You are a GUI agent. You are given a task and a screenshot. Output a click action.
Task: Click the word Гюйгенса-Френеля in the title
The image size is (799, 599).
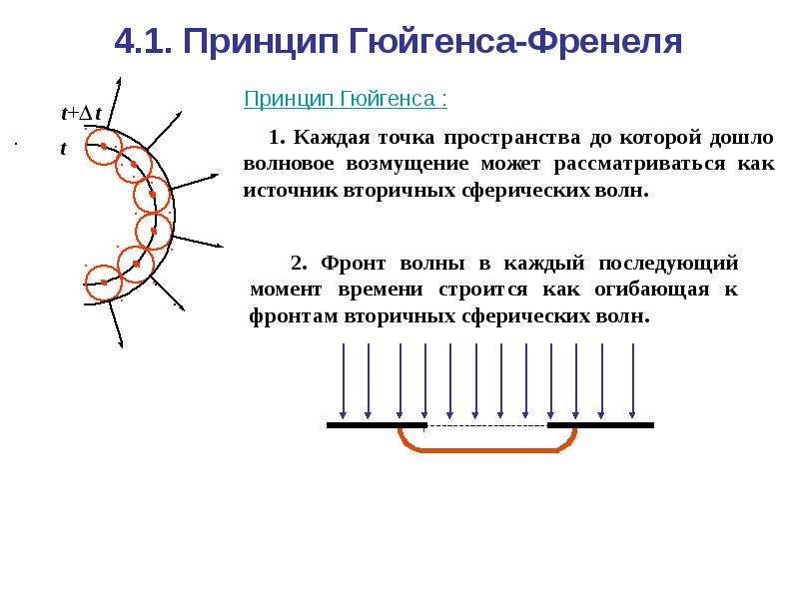click(x=514, y=41)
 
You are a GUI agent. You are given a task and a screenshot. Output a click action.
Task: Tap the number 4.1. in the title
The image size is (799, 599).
click(x=143, y=41)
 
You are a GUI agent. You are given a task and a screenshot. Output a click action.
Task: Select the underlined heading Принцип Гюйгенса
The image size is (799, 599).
click(x=346, y=99)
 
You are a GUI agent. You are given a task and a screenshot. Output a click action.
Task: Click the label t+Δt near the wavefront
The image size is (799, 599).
click(x=81, y=113)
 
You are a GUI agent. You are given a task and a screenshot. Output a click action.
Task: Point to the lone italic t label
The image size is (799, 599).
click(x=63, y=148)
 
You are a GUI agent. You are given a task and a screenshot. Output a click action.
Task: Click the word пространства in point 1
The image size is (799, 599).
click(x=511, y=138)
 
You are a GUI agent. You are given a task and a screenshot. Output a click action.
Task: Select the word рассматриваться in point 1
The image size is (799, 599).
click(x=639, y=164)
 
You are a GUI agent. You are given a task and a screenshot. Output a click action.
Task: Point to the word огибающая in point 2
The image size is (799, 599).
click(x=652, y=290)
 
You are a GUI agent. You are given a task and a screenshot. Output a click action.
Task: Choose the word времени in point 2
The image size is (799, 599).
click(x=381, y=290)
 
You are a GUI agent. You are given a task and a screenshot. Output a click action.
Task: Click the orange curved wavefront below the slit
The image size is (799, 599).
click(x=487, y=450)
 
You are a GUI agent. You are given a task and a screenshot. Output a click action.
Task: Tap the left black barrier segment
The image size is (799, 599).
click(x=377, y=425)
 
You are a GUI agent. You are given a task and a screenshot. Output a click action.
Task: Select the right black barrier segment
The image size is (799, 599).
click(x=600, y=425)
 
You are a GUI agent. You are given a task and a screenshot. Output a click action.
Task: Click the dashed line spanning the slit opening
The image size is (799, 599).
click(x=487, y=425)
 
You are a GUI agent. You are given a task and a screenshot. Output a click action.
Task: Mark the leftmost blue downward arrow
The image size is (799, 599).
click(x=343, y=381)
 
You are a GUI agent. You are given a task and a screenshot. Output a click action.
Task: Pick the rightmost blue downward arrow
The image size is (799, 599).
click(x=632, y=381)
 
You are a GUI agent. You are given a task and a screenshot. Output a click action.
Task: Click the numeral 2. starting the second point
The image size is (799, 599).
click(x=299, y=264)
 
